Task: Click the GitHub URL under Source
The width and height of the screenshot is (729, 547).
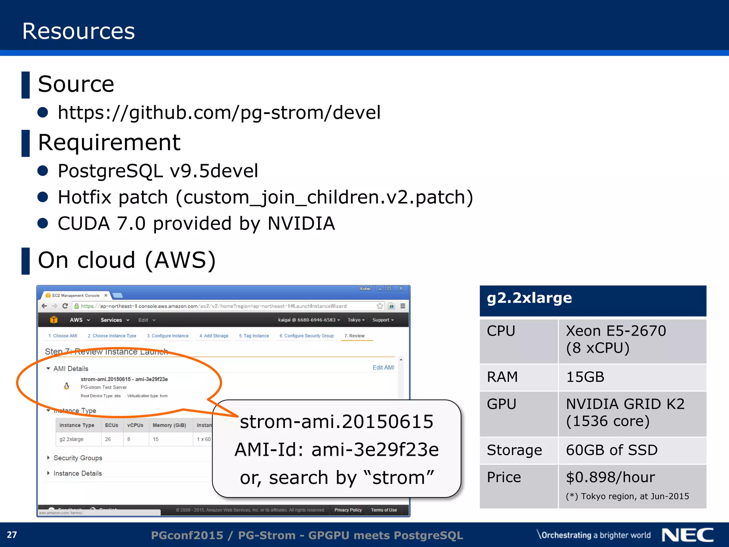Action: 219,113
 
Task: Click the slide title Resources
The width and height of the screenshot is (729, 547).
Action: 79,31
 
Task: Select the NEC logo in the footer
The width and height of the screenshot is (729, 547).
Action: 687,535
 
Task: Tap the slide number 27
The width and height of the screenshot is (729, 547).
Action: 12,535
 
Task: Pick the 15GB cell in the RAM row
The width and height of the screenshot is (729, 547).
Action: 585,377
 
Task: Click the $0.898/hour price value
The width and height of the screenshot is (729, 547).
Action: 610,477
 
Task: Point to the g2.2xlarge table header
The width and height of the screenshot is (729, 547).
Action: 529,298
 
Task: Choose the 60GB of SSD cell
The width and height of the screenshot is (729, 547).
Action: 612,450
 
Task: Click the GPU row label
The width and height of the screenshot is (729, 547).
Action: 502,404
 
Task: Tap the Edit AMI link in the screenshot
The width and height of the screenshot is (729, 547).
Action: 383,368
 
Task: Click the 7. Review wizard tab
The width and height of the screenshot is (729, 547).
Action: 354,336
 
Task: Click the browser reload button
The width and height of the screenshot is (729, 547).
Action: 65,306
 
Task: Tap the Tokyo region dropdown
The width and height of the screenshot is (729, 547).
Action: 356,320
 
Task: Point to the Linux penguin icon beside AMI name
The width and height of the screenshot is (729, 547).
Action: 67,386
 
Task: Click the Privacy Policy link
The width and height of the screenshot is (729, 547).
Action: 348,510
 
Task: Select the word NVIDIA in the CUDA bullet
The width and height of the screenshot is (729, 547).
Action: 301,224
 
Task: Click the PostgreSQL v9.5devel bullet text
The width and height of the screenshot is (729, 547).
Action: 158,171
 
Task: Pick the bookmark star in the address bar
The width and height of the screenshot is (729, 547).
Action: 380,306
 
